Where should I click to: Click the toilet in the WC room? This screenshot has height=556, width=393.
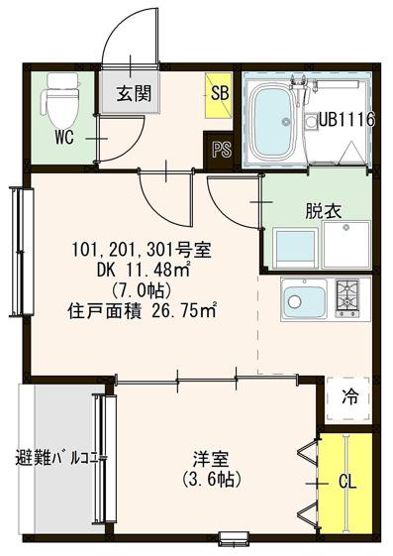(59, 99)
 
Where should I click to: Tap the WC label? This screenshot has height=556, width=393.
(64, 137)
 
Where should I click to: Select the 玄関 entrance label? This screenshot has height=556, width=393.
(135, 93)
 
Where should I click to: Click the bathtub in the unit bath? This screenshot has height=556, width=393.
(272, 122)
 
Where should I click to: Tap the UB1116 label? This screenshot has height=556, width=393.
(347, 119)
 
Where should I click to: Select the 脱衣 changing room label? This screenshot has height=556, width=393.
(324, 211)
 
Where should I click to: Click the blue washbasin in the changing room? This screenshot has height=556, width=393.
(296, 249)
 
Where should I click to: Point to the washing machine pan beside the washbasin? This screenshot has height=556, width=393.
(346, 245)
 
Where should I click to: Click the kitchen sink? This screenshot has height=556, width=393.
(304, 299)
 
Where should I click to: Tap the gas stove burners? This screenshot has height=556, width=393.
(347, 298)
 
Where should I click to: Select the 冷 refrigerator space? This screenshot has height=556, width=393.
(349, 397)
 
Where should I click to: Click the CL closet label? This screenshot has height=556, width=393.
(347, 483)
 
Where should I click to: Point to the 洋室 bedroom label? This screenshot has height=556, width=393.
(211, 459)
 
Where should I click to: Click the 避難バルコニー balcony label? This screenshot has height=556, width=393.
(61, 458)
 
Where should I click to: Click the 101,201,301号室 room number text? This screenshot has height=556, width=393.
(142, 250)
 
